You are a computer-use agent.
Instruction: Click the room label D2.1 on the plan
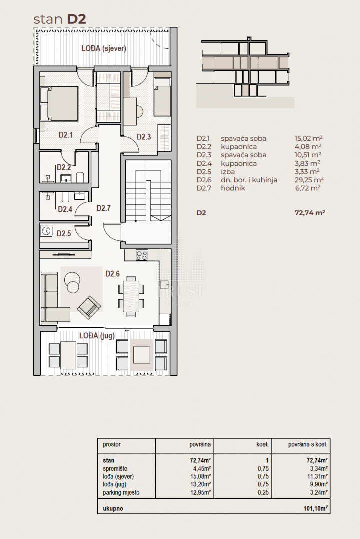click(x=66, y=135)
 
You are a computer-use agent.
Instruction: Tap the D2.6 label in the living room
click(x=112, y=274)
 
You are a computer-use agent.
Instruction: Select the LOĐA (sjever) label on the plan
click(x=104, y=48)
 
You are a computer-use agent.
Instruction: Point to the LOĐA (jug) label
click(x=97, y=335)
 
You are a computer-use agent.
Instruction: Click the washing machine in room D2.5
click(x=46, y=231)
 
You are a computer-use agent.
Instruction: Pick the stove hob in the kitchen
click(x=142, y=255)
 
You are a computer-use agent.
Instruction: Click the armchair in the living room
click(x=89, y=307)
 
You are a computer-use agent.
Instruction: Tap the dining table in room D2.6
click(x=131, y=296)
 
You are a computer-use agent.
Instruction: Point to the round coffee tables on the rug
click(x=72, y=282)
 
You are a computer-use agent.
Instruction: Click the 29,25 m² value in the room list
click(x=309, y=180)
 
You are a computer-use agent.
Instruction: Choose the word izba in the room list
click(x=228, y=172)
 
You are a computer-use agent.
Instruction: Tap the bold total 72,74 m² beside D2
click(x=310, y=213)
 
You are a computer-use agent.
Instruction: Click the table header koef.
click(x=262, y=444)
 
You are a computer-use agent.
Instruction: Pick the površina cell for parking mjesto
click(x=200, y=492)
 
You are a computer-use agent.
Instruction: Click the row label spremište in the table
click(x=115, y=469)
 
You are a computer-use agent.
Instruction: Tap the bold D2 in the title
click(x=76, y=19)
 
